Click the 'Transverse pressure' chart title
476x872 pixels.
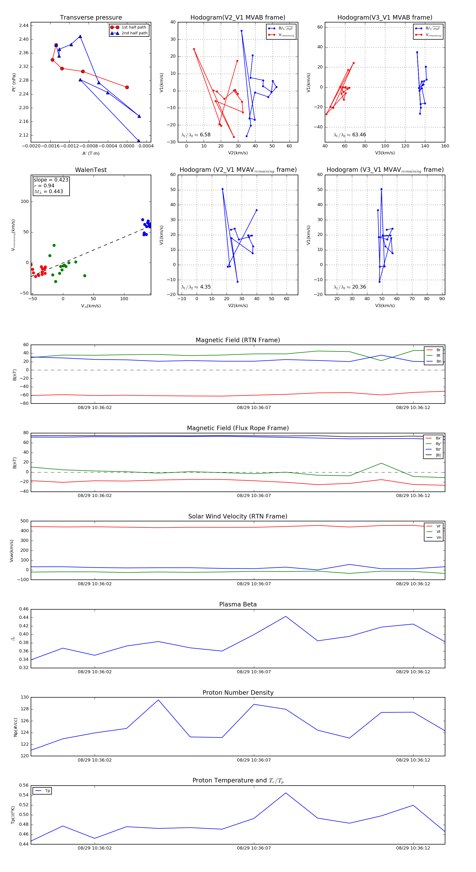point(91,18)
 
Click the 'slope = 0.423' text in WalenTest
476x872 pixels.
point(51,180)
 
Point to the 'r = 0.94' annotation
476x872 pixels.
point(44,185)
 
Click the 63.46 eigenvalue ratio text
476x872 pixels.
point(359,135)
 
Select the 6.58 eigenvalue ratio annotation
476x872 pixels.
point(205,135)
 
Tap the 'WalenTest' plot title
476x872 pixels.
point(91,170)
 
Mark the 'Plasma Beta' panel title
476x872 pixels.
point(238,605)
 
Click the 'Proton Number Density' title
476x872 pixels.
point(238,693)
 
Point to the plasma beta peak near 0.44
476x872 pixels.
point(286,616)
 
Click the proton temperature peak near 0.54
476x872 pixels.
point(286,793)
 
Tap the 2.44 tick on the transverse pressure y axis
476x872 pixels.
point(24,26)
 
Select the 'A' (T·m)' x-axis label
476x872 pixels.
point(91,153)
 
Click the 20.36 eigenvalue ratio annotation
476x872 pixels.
point(359,287)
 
